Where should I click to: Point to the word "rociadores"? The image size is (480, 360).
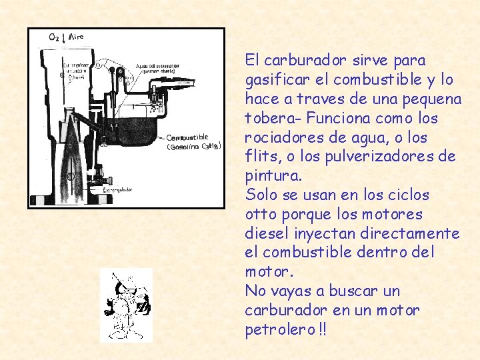coord(279,138)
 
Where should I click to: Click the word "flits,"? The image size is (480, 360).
coord(260,157)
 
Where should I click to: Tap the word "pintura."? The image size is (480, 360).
coord(273,177)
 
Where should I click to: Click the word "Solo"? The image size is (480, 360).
coord(259,195)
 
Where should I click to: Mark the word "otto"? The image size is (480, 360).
coord(259,215)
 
